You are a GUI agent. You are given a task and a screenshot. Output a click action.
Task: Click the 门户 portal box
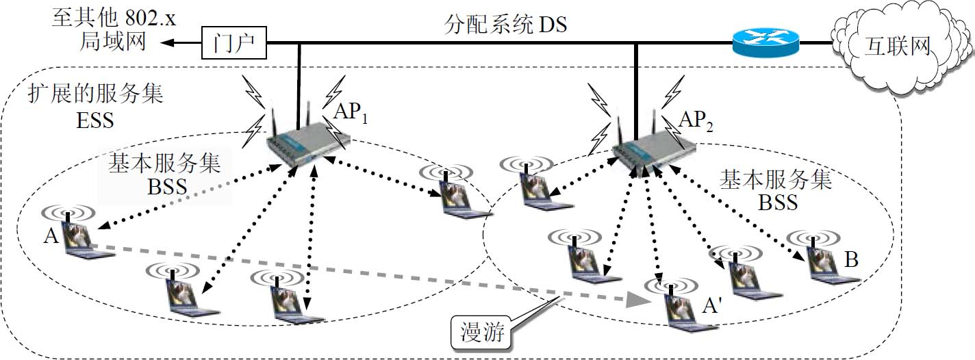point(233,44)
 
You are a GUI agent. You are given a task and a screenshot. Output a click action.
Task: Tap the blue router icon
point(765,44)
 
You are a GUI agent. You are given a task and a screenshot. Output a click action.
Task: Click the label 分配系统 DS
point(506,26)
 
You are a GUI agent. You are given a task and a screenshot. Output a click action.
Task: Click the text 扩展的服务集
point(96,94)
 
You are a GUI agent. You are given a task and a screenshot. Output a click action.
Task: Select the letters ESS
point(95,122)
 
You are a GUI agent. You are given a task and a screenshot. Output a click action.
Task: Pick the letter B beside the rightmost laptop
point(852,260)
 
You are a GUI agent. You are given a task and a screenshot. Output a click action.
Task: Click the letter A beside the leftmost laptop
point(50,237)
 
